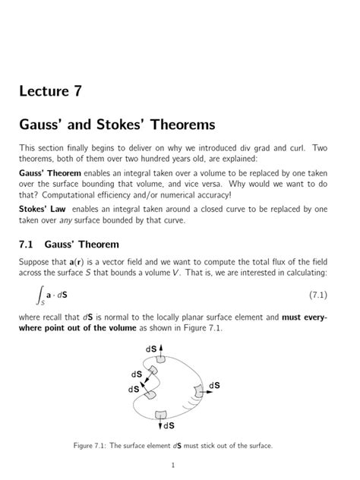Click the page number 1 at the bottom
(175, 465)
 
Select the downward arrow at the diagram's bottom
(160, 422)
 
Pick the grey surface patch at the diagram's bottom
(160, 415)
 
